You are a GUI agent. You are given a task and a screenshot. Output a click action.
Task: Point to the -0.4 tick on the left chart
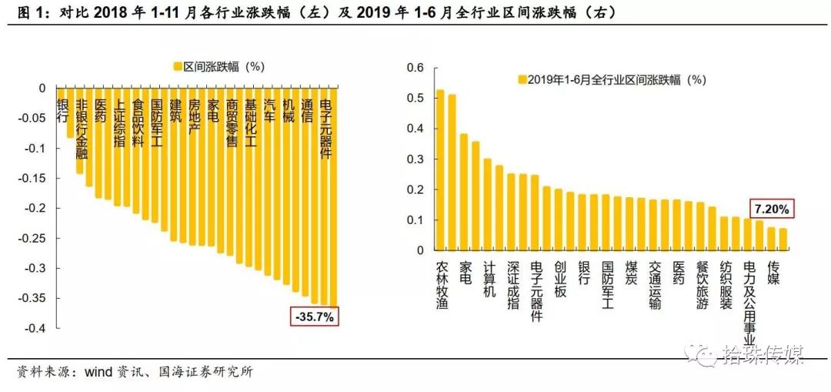pos(35,329)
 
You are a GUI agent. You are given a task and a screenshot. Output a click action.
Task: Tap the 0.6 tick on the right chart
pos(415,68)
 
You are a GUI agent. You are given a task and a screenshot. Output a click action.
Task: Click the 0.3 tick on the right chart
pos(415,159)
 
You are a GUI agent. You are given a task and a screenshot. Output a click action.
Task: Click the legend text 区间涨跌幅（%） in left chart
pos(223,66)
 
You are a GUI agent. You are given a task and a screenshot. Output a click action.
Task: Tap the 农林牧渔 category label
pos(442,284)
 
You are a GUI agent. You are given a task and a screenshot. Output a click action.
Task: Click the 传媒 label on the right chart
pos(773,272)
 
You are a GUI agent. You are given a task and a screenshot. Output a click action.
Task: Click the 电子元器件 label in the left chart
pos(325,129)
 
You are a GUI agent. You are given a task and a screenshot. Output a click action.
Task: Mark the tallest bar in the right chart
pos(440,169)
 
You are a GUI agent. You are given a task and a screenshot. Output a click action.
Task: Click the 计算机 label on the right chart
pos(489,278)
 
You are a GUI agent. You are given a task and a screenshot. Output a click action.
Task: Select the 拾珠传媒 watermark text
pos(762,354)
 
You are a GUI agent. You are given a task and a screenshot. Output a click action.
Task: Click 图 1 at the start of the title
pos(22,13)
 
